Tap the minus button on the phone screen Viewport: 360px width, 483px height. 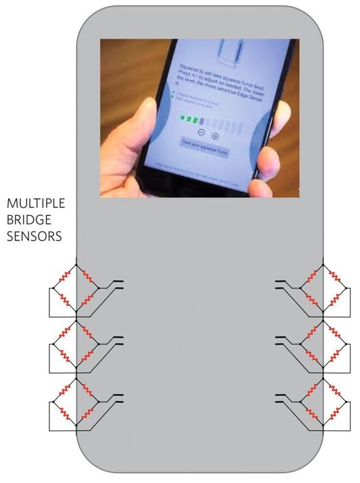(201, 135)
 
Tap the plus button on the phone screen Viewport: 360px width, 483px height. (215, 135)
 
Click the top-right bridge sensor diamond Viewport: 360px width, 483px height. (323, 286)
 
